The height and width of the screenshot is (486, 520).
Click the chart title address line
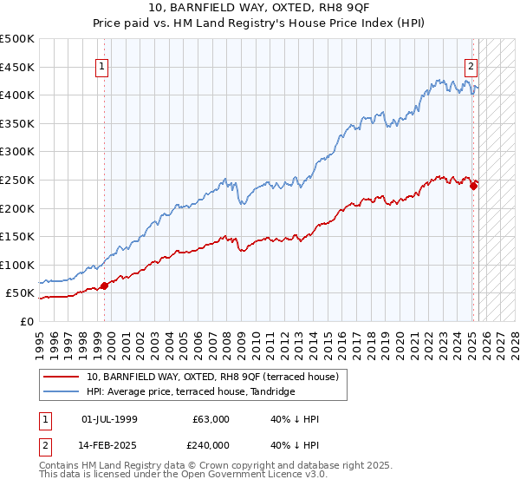pos(260,9)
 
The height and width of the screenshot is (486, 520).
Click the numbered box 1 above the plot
pos(102,65)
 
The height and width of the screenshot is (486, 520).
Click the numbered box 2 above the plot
pos(471,65)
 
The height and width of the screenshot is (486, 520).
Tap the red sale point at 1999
pos(104,285)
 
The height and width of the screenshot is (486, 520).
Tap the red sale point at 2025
pos(473,185)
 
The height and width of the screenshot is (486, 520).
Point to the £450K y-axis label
pos(18,67)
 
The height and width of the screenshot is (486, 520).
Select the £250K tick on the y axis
pos(18,180)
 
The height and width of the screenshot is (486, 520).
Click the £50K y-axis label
pos(21,293)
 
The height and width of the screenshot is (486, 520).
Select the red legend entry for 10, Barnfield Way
pos(217,376)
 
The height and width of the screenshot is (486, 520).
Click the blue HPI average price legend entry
pos(191,391)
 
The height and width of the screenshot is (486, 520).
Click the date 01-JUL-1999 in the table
pos(108,419)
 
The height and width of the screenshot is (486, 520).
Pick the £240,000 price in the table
pos(211,444)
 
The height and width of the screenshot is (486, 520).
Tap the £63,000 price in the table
pos(211,419)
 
